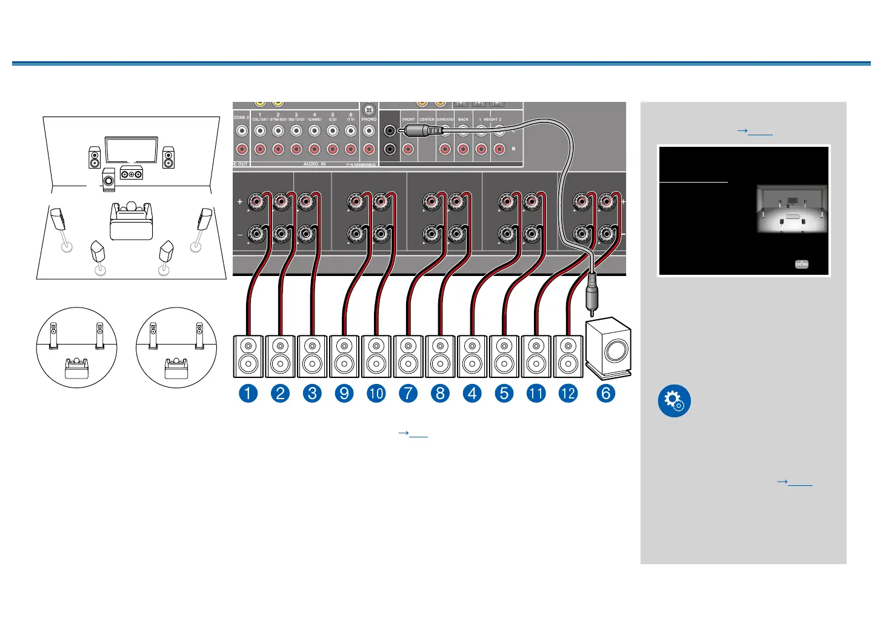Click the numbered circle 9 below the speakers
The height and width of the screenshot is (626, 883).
tap(344, 393)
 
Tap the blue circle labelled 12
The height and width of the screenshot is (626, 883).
tap(568, 393)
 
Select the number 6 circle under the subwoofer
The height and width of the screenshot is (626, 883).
tap(605, 393)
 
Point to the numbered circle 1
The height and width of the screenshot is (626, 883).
tap(248, 393)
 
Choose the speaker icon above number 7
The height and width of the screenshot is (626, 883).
tap(408, 357)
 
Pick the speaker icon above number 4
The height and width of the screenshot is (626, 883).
tap(472, 357)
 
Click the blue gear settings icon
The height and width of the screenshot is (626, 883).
tap(674, 401)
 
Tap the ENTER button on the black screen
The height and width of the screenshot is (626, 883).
tap(801, 264)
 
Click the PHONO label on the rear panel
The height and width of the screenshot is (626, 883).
tap(369, 119)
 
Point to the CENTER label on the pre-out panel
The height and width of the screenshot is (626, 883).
tap(427, 119)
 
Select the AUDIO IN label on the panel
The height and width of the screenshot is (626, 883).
tap(315, 164)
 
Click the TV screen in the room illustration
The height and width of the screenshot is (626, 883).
tap(131, 150)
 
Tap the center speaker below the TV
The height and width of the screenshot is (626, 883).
tap(132, 173)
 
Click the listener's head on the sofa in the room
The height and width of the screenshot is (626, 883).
tap(130, 206)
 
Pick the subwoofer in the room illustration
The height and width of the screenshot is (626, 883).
tap(108, 181)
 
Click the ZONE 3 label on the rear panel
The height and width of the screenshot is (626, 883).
tap(241, 117)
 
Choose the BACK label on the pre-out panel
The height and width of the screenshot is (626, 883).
tap(463, 119)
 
